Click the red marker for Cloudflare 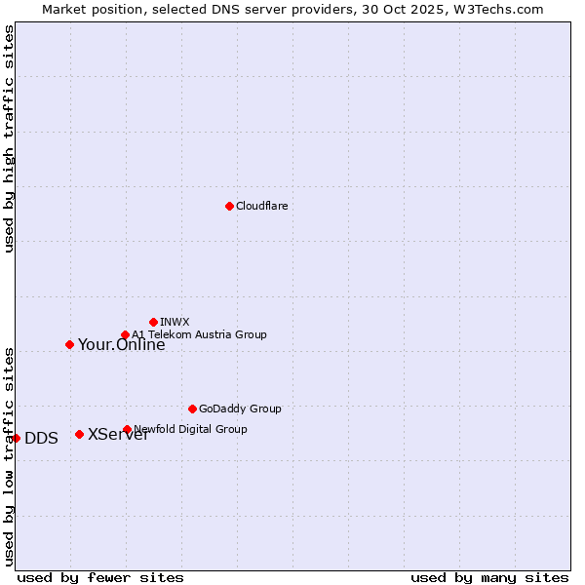229,206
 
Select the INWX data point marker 153,322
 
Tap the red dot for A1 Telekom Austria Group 125,335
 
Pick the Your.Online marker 69,344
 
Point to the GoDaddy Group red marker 192,409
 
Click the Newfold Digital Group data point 127,429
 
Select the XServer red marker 79,434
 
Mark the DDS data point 17,438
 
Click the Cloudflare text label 261,206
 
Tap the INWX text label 175,322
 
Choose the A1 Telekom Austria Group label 199,334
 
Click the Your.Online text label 121,344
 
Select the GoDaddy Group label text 240,409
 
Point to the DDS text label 41,439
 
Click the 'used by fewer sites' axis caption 100,577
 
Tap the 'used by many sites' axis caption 489,577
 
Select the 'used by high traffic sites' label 9,138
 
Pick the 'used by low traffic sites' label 9,456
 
